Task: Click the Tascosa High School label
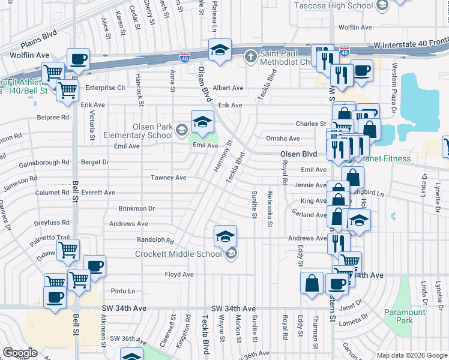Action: (334, 5)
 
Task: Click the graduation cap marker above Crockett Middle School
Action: (225, 236)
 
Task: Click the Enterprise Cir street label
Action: (104, 88)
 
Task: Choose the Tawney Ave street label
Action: (169, 178)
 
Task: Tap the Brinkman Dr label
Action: (136, 208)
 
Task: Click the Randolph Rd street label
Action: (154, 241)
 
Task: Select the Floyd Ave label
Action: (179, 274)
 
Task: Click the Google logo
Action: (20, 353)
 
